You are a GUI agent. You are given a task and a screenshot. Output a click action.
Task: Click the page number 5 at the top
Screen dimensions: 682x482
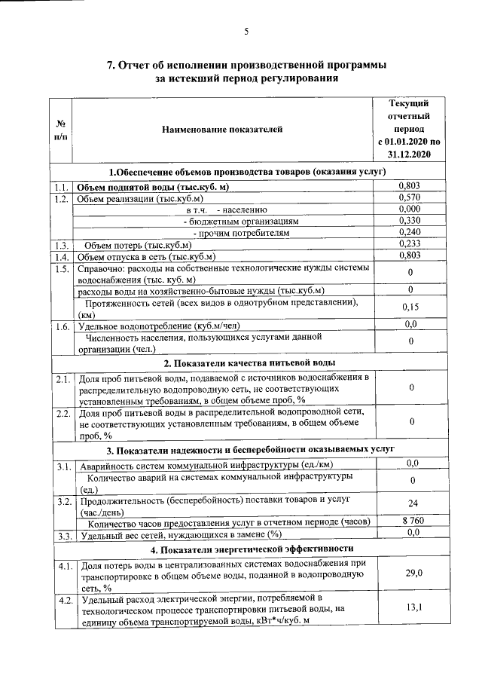click(246, 31)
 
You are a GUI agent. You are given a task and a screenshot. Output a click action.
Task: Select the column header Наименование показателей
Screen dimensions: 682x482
click(222, 130)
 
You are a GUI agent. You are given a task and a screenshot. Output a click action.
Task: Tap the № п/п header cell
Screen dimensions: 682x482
click(60, 130)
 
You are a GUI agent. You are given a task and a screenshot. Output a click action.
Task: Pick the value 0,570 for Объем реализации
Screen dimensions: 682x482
click(409, 197)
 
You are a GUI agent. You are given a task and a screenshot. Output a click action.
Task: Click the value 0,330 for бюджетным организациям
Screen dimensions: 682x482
click(409, 221)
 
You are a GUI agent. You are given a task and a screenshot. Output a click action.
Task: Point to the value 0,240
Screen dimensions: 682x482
click(409, 233)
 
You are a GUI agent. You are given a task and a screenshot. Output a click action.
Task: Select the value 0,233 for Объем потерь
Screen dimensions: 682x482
click(409, 244)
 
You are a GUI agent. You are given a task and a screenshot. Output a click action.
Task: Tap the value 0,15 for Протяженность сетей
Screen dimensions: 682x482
click(409, 307)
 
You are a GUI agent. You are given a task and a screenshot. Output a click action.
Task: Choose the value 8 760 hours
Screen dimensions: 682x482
click(410, 521)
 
